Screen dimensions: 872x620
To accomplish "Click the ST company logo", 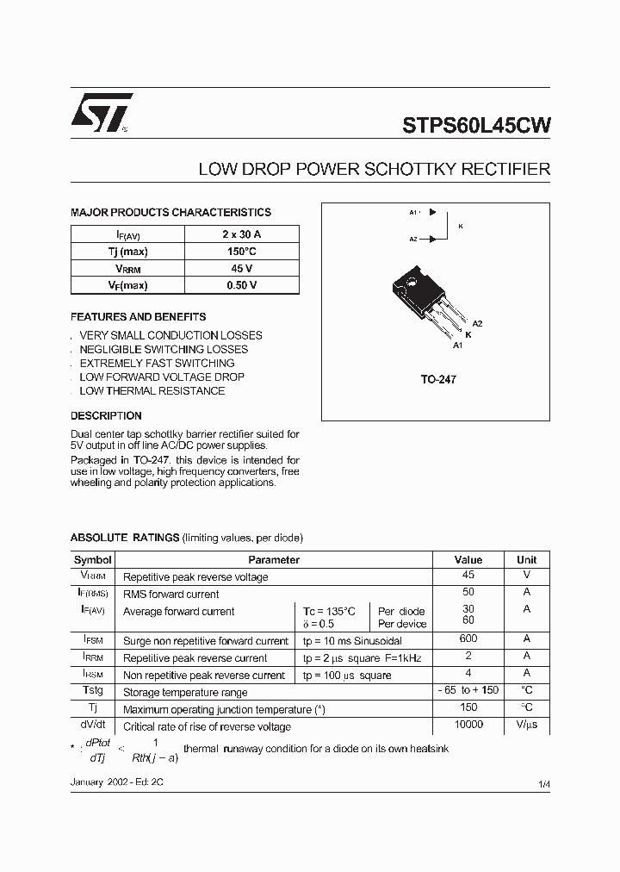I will pyautogui.click(x=102, y=113).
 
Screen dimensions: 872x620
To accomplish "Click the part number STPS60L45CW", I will pyautogui.click(x=476, y=126).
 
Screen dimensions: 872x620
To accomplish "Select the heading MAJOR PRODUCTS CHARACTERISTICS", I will pyautogui.click(x=170, y=212).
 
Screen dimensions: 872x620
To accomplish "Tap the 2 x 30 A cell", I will pyautogui.click(x=242, y=234).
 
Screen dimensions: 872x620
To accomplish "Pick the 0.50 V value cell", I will pyautogui.click(x=242, y=285).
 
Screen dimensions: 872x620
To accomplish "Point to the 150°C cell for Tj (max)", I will pyautogui.click(x=242, y=252).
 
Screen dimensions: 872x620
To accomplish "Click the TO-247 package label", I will pyautogui.click(x=438, y=379).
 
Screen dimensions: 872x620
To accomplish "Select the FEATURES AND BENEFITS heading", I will pyautogui.click(x=138, y=316).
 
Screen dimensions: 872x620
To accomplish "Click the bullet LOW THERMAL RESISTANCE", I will pyautogui.click(x=152, y=390).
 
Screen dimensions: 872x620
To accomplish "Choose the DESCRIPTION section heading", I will pyautogui.click(x=106, y=416).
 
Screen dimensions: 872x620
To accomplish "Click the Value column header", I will pyautogui.click(x=468, y=559).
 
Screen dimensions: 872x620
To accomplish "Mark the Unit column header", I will pyautogui.click(x=526, y=559).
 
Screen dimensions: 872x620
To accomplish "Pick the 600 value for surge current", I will pyautogui.click(x=468, y=639).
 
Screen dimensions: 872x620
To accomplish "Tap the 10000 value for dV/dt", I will pyautogui.click(x=468, y=725).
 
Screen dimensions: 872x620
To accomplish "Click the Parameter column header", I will pyautogui.click(x=273, y=559).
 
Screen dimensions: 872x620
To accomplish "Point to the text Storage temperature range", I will pyautogui.click(x=185, y=692).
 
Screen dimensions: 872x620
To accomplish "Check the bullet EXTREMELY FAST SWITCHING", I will pyautogui.click(x=157, y=363).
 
